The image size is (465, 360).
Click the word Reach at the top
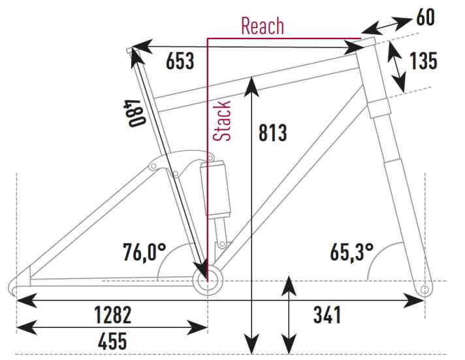click(x=263, y=26)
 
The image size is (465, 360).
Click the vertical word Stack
click(x=222, y=121)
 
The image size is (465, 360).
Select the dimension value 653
click(x=180, y=61)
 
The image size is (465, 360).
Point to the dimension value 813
click(x=273, y=133)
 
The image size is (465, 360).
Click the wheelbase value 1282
click(x=113, y=315)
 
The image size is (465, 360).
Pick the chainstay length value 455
click(x=112, y=341)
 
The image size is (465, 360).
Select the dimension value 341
click(x=327, y=315)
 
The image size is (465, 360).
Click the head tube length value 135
click(x=423, y=61)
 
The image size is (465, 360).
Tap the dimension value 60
click(x=426, y=17)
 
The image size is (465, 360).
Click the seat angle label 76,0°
click(x=144, y=252)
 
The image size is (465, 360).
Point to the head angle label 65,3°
click(x=352, y=252)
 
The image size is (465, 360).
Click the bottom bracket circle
click(x=208, y=280)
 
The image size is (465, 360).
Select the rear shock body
click(x=216, y=188)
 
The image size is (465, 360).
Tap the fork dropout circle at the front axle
click(x=425, y=289)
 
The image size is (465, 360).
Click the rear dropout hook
click(x=13, y=287)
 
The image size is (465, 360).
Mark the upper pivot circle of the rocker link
click(x=211, y=157)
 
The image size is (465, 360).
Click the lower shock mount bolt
click(x=222, y=244)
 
